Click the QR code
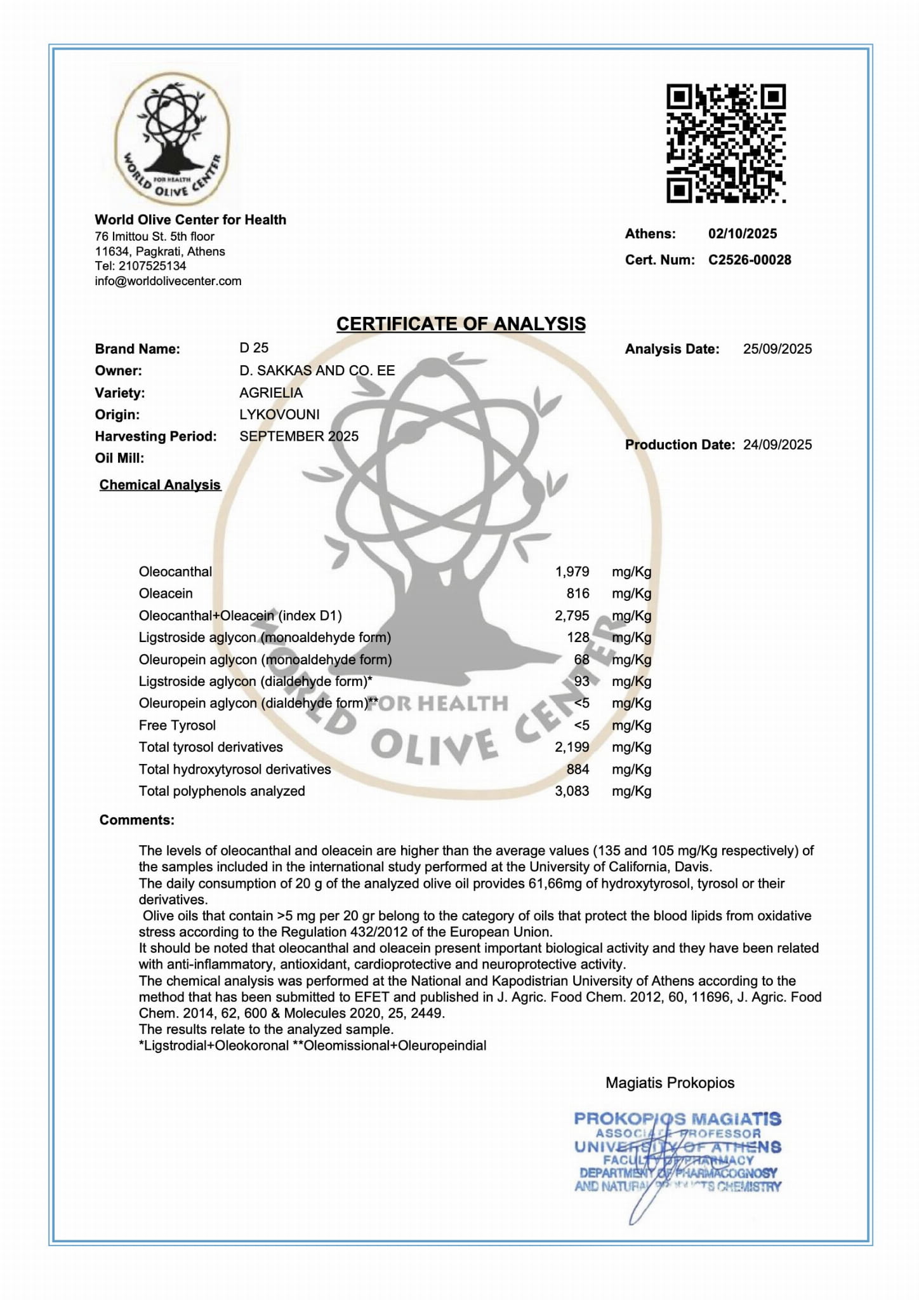click(x=725, y=144)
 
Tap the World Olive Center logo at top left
click(x=172, y=140)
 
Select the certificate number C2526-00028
click(x=750, y=260)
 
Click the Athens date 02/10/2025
click(x=743, y=234)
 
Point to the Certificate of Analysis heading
click(x=461, y=324)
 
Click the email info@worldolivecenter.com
click(x=168, y=281)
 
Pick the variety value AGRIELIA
click(x=271, y=392)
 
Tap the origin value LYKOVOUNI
click(x=279, y=415)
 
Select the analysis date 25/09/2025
click(x=777, y=349)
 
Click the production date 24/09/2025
click(x=777, y=445)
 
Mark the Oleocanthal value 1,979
click(x=572, y=572)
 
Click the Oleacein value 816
click(x=578, y=593)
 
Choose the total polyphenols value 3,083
click(x=572, y=791)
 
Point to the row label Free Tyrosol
click(x=177, y=725)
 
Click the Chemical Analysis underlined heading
click(x=160, y=485)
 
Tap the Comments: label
click(x=136, y=820)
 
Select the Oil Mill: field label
click(x=119, y=458)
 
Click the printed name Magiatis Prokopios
click(x=670, y=1083)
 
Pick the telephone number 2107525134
click(x=152, y=266)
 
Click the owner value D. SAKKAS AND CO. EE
click(x=317, y=370)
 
